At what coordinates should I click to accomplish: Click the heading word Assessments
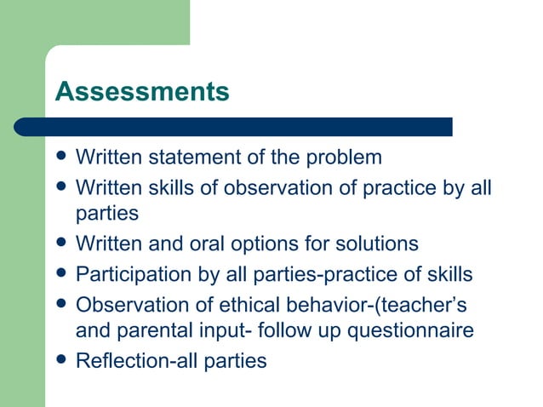[x=142, y=91]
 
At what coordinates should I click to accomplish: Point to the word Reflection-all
[x=127, y=361]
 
